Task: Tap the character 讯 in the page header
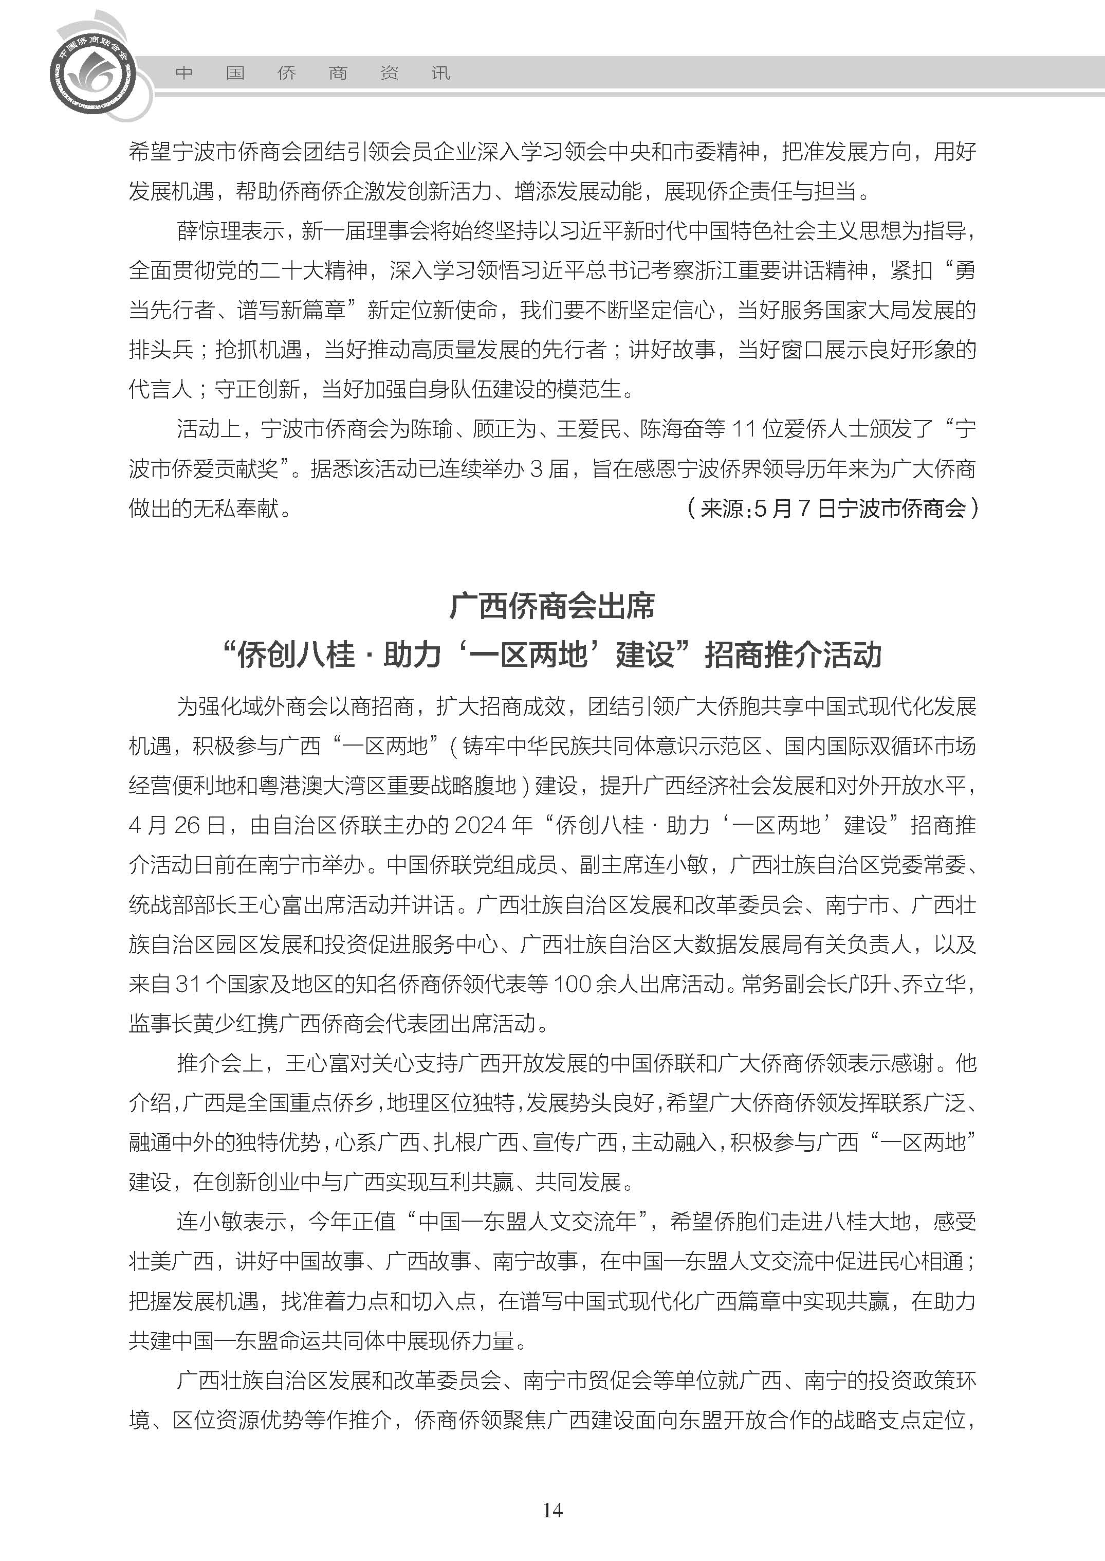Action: coord(441,73)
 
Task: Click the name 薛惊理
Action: coord(209,231)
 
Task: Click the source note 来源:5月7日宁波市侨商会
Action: coord(833,508)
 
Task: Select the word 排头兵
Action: coord(160,350)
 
